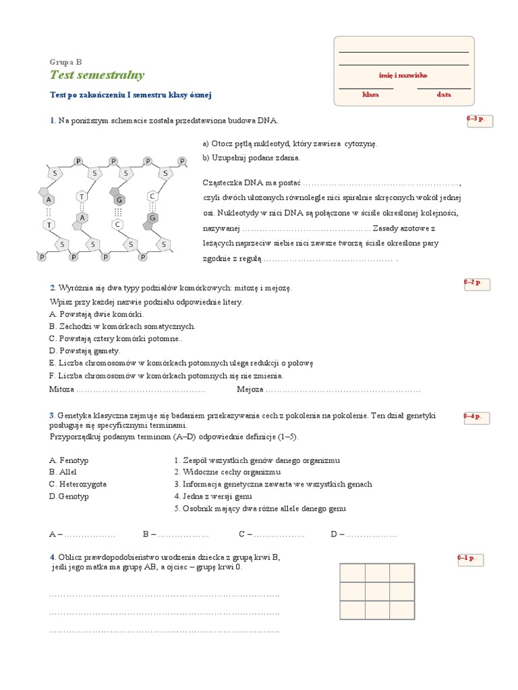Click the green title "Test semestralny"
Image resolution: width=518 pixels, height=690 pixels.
tap(97, 75)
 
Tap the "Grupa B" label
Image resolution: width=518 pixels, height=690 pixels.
tap(65, 62)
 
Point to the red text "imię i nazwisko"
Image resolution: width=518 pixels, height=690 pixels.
tap(403, 75)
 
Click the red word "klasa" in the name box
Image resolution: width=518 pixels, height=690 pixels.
tap(370, 94)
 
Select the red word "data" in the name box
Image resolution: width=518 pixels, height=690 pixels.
tap(444, 94)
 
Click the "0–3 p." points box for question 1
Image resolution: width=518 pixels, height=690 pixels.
tap(480, 121)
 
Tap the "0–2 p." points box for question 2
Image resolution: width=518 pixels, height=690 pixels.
tap(477, 284)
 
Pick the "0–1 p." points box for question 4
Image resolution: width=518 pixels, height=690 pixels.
tap(470, 560)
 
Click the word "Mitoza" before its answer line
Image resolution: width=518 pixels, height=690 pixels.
tap(61, 389)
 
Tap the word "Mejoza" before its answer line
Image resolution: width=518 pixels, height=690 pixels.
tap(250, 389)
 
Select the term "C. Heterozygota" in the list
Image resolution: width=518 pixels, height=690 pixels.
tap(78, 484)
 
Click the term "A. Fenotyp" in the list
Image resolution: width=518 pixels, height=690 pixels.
tap(69, 461)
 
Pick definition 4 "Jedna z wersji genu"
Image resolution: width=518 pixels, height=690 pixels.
tap(212, 497)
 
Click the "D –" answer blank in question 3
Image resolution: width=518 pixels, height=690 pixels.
tap(364, 534)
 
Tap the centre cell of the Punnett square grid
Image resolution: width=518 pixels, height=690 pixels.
tap(377, 592)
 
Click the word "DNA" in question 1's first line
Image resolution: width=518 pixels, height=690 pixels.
tap(267, 121)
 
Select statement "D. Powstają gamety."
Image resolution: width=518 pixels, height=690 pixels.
tap(84, 351)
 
